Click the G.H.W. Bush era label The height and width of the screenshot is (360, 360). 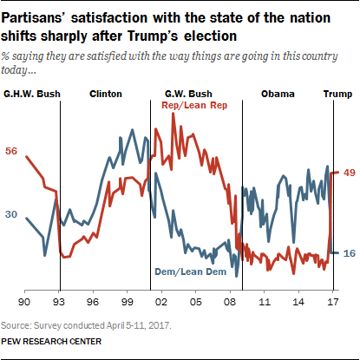(x=32, y=94)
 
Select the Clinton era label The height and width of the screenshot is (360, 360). (x=106, y=94)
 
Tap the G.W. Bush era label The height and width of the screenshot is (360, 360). (x=188, y=94)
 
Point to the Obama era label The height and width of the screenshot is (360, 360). (x=278, y=94)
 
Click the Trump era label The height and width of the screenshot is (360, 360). (x=337, y=95)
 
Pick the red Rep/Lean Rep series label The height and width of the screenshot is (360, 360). (x=194, y=105)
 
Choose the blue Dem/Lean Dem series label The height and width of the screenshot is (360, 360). (x=191, y=272)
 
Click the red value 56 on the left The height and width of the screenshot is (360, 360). (x=11, y=151)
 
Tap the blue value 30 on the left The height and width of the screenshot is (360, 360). (x=11, y=214)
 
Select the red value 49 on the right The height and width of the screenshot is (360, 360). (x=349, y=173)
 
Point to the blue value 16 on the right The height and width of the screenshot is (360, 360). (x=349, y=253)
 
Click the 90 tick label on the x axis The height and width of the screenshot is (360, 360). (x=24, y=302)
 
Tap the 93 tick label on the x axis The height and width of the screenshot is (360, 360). (x=59, y=302)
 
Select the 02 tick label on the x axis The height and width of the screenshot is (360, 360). (x=161, y=302)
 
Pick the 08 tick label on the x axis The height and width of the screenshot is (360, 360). (x=230, y=302)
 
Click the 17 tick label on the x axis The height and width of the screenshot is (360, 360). (x=333, y=302)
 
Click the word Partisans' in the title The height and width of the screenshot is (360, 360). (x=34, y=18)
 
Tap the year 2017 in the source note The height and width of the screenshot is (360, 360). (x=160, y=325)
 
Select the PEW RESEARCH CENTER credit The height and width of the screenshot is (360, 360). (x=51, y=342)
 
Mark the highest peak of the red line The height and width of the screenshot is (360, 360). (x=173, y=113)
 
